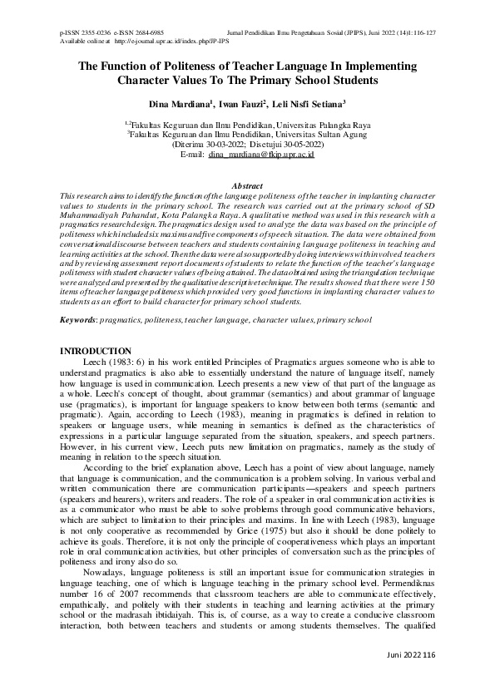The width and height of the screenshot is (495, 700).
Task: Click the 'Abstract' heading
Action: [247, 186]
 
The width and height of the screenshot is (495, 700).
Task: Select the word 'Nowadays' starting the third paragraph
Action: [106, 568]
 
